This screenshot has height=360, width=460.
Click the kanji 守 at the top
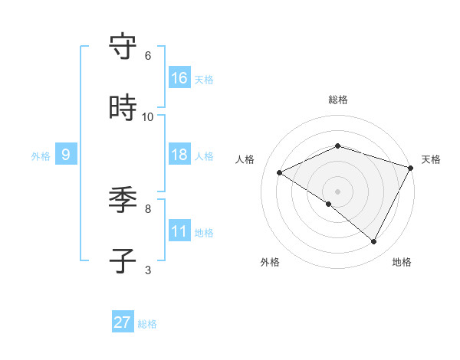point(123,47)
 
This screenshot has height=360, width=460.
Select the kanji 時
point(123,109)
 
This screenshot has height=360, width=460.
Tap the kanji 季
point(123,201)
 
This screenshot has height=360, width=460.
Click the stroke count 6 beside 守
point(148,56)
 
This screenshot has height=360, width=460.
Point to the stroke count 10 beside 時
point(148,117)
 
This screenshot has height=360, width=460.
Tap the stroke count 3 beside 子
point(148,270)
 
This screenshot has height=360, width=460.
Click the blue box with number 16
point(179,77)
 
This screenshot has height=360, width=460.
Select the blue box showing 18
point(179,155)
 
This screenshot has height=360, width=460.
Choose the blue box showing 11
point(179,231)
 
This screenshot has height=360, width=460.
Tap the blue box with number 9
point(66,155)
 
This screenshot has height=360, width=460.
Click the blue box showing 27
point(123,322)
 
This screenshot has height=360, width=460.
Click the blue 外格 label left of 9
point(41,156)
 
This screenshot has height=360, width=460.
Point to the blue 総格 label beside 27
point(147,324)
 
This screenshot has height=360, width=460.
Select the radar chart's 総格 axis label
point(338,100)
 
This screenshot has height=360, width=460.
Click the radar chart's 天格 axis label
point(431,159)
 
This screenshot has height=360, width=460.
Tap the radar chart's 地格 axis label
point(402,262)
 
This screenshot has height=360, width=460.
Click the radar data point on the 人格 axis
point(280,172)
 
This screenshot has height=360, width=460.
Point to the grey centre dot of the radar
point(338,191)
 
